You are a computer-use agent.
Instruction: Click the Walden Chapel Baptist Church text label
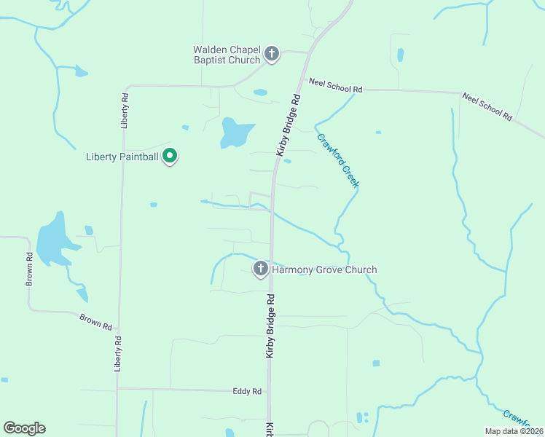227,55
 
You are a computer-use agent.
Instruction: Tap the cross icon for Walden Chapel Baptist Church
272,54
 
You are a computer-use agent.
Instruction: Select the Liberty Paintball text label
122,157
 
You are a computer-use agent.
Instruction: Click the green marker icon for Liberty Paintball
170,156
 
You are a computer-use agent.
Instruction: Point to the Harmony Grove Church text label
324,269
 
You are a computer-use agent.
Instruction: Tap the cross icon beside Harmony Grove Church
260,269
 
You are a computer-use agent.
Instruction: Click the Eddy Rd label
247,391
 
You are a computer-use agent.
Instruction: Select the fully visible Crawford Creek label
337,160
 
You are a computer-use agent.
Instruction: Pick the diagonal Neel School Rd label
487,106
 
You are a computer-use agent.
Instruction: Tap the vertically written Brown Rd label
30,269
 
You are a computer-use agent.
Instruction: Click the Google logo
24,428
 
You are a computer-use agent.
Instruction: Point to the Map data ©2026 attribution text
514,430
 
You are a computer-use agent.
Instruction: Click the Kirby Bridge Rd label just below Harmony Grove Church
270,326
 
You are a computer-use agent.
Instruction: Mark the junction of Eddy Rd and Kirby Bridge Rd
270,390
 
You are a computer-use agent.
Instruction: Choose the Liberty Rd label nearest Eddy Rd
117,354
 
